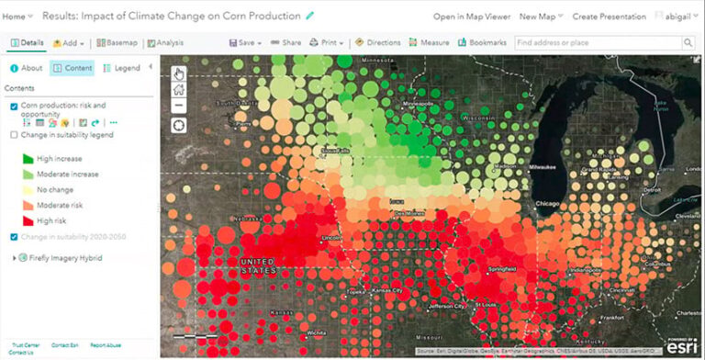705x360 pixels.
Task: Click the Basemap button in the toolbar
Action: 117,42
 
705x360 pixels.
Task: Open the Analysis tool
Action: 164,42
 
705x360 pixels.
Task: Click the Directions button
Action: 378,42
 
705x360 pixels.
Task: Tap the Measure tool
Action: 430,42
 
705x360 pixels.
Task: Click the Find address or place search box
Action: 597,42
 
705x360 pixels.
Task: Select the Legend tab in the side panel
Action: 121,68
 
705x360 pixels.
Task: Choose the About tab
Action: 26,68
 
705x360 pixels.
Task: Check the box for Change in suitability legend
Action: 13,135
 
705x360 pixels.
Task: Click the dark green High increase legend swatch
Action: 27,158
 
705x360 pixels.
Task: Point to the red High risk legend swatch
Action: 27,220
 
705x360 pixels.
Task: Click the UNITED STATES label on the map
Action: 257,267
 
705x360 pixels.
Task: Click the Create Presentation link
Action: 610,17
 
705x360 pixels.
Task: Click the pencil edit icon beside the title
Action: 309,16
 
